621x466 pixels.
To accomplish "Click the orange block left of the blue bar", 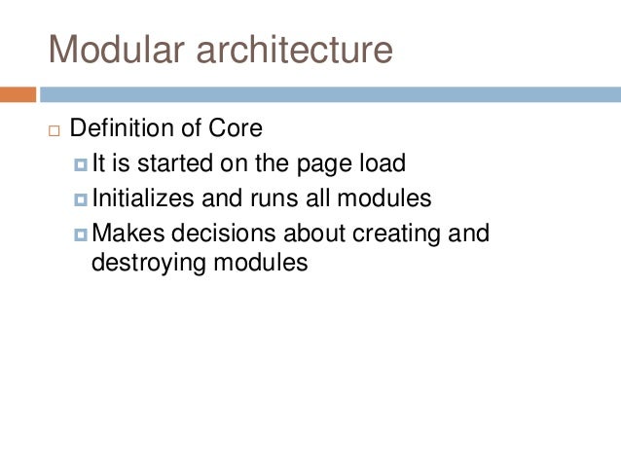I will point(18,94).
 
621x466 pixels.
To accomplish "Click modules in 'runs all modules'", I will point(383,198).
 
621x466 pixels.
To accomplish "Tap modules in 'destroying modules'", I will point(259,263).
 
